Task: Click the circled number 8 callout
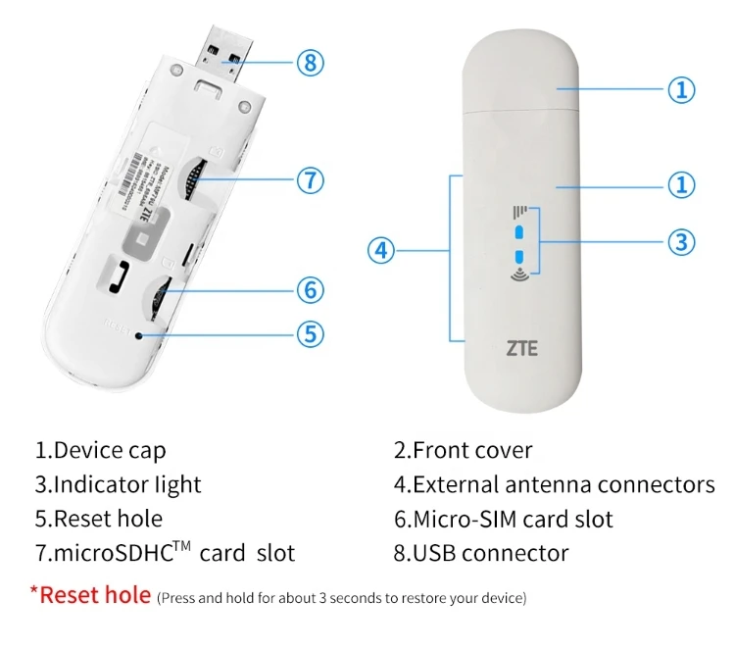pos(310,63)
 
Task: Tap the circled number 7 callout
pos(310,180)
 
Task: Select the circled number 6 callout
pos(310,289)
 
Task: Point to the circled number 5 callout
pos(310,333)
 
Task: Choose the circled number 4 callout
pos(382,251)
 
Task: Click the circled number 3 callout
pos(681,240)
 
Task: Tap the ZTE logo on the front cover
pos(521,347)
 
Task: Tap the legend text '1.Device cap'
pos(101,451)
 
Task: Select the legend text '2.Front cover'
pos(463,451)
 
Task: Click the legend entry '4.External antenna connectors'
pos(554,484)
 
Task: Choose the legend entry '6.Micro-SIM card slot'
pos(503,519)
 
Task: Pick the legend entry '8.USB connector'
pos(480,553)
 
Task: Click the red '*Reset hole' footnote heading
pos(90,594)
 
